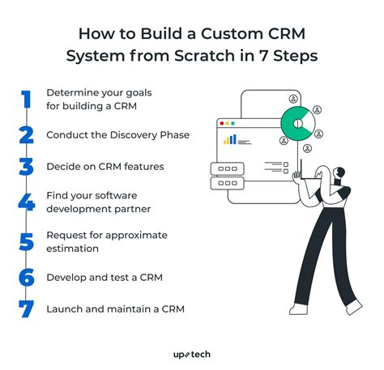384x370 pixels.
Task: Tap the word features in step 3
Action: (x=143, y=166)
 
